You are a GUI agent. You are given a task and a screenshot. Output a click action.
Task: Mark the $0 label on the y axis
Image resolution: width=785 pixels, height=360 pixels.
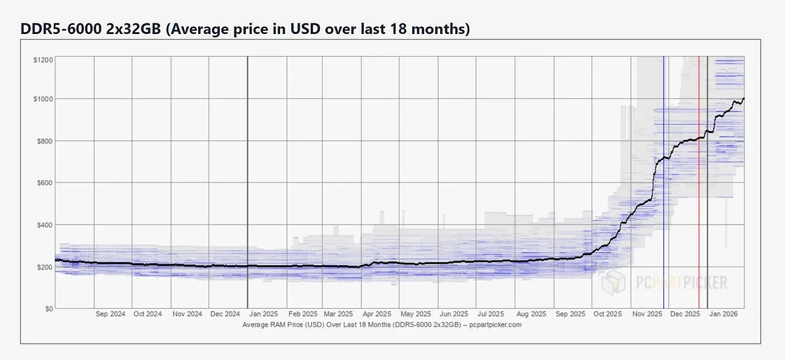click(x=48, y=308)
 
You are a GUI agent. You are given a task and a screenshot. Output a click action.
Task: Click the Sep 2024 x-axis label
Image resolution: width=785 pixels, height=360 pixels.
click(x=110, y=314)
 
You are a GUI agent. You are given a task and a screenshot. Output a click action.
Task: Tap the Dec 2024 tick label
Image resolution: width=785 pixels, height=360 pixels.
click(x=224, y=314)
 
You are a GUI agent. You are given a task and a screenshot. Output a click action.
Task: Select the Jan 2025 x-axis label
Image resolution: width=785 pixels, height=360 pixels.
click(x=263, y=314)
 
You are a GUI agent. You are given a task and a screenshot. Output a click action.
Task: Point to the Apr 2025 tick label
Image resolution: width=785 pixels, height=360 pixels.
click(x=377, y=314)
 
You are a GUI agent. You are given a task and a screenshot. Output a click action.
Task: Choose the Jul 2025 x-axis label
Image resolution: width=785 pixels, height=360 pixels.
click(x=492, y=314)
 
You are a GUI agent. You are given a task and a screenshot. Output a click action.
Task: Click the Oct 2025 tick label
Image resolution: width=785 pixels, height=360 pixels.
click(x=606, y=314)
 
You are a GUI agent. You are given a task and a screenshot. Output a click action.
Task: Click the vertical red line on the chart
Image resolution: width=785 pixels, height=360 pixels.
click(x=699, y=196)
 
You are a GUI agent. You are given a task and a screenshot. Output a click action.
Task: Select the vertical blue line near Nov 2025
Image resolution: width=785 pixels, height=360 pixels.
click(x=664, y=196)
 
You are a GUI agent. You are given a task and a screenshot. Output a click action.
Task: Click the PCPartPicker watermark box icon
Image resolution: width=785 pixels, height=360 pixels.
click(x=613, y=283)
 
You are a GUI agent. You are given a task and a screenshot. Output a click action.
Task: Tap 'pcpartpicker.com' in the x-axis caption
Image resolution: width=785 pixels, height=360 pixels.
click(x=498, y=325)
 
